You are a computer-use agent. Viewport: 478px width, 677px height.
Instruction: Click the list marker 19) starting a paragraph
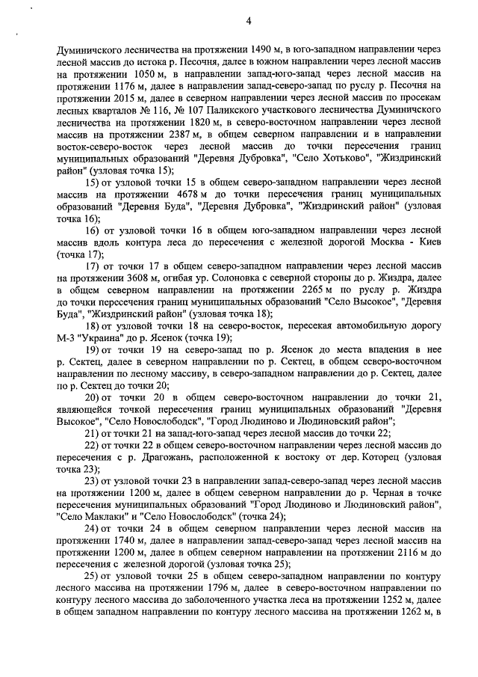[x=91, y=349]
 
